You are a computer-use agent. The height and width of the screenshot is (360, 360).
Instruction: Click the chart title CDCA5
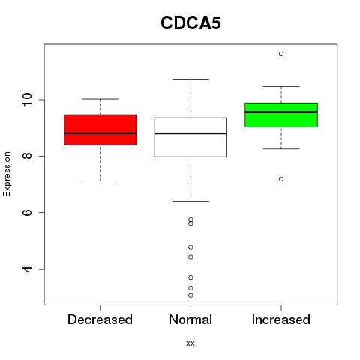click(190, 23)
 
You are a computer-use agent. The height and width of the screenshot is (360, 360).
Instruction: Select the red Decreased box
click(100, 130)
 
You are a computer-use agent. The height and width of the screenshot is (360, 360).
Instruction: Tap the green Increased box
click(281, 115)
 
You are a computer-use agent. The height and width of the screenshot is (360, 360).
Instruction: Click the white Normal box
click(190, 137)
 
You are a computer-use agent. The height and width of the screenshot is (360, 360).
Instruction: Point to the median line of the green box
click(281, 112)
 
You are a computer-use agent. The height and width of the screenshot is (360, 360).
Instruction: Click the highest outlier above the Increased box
click(281, 54)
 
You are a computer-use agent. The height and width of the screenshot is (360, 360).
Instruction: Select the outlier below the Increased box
click(281, 179)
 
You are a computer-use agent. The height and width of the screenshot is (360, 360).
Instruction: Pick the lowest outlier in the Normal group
click(190, 295)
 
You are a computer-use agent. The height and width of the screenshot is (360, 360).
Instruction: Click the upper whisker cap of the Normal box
click(190, 79)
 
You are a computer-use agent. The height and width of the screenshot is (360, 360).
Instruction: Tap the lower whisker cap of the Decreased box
click(100, 181)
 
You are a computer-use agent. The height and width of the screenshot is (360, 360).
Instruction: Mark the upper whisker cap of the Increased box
click(281, 86)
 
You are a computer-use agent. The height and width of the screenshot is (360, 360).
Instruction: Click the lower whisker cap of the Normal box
click(190, 201)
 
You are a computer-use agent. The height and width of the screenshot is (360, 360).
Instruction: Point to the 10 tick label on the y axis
click(27, 100)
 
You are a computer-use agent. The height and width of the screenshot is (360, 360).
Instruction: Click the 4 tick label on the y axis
click(27, 269)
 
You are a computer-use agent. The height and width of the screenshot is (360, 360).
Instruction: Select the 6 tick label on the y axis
click(27, 212)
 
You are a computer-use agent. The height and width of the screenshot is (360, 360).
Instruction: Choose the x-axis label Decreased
click(100, 319)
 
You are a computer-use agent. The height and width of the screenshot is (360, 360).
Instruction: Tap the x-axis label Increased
click(281, 319)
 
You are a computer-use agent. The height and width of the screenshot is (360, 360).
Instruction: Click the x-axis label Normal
click(190, 319)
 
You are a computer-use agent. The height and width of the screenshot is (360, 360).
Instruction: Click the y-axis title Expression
click(7, 174)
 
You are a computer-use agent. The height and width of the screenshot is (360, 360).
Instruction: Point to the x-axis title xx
click(190, 343)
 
